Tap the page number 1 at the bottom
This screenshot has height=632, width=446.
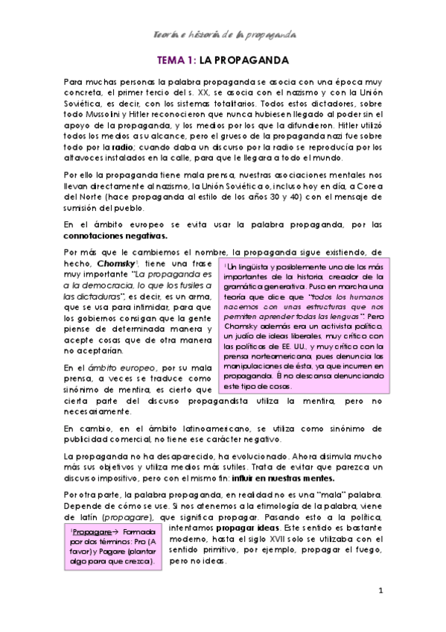coord(380,592)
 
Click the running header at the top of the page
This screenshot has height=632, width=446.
coord(223,34)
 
